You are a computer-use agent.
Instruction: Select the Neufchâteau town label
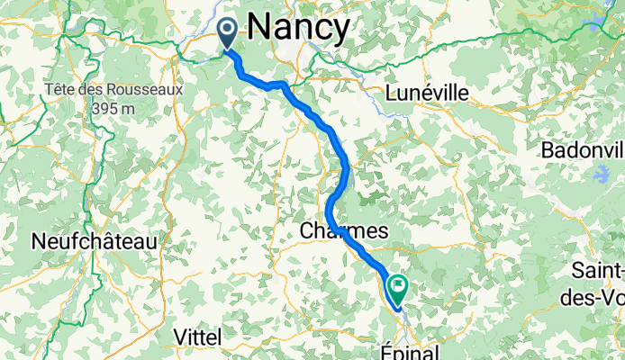[x=94, y=241]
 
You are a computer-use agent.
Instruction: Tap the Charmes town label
[x=343, y=231]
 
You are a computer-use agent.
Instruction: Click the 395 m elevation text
[x=113, y=108]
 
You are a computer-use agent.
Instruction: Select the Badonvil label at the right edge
[x=582, y=150]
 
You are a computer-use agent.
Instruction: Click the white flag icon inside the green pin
[x=398, y=284]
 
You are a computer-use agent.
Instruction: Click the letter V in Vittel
[x=178, y=336]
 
